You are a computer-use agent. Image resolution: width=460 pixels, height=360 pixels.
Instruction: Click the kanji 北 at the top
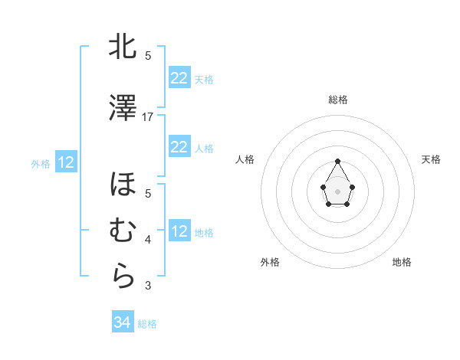123,47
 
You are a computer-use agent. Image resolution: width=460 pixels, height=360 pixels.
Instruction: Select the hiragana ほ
123,185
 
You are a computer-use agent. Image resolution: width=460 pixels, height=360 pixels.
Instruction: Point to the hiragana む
123,231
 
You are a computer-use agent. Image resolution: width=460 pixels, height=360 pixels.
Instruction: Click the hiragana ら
123,277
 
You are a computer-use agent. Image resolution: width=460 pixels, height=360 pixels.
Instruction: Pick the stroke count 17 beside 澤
149,116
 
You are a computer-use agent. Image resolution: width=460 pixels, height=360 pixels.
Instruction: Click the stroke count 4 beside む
148,240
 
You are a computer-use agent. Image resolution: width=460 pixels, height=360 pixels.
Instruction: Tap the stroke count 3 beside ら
148,286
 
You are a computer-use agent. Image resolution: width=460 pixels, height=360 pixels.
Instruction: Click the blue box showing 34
122,322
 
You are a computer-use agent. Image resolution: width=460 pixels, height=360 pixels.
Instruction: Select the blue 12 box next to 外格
65,162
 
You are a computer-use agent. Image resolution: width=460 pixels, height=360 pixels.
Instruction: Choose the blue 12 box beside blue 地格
179,231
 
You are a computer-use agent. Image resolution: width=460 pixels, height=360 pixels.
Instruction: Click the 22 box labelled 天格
179,78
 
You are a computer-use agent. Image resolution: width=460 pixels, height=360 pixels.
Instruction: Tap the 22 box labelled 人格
179,147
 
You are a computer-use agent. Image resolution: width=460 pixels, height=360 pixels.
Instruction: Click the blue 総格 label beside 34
147,324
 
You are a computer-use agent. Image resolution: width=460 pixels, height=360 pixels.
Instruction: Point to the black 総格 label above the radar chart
337,100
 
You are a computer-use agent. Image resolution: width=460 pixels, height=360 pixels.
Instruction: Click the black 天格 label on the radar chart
431,159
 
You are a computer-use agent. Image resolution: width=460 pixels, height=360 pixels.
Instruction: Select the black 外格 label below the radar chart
270,262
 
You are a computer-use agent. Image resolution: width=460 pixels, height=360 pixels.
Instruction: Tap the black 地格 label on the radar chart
402,262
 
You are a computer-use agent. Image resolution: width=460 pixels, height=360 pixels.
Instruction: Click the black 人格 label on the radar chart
245,159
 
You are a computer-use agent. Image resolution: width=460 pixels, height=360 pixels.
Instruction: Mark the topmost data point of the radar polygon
337,161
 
